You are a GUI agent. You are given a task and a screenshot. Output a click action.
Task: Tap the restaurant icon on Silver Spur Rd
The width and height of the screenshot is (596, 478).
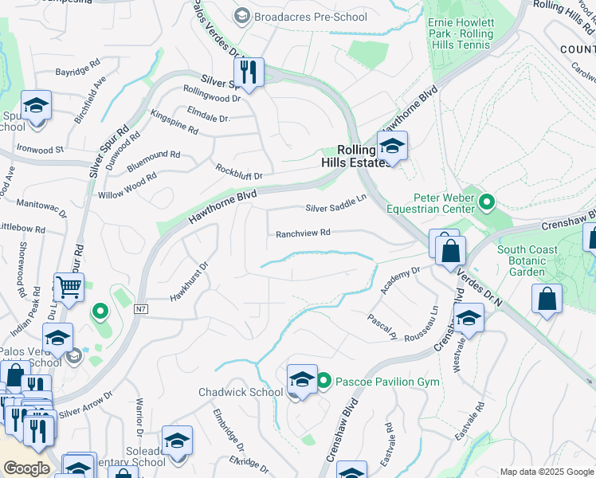point(249,73)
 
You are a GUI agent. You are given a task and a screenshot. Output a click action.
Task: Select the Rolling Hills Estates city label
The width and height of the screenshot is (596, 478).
point(360,155)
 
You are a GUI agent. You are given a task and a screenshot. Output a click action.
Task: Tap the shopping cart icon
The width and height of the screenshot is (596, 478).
point(69,287)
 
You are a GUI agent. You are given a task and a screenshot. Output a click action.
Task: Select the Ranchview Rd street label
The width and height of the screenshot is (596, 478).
point(303,233)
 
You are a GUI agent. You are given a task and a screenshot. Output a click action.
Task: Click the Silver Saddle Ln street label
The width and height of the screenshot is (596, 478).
point(335,208)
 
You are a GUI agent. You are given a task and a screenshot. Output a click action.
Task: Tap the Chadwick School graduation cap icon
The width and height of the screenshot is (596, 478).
point(302,380)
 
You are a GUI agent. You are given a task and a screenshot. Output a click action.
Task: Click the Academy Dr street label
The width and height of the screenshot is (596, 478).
point(400,280)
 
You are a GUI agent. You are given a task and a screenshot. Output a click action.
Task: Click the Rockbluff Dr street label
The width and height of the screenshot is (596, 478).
point(238,170)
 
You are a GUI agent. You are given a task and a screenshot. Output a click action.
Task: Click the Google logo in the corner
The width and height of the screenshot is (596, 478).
point(26,468)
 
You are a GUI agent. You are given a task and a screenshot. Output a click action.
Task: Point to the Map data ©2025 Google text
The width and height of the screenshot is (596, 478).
point(546,472)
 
